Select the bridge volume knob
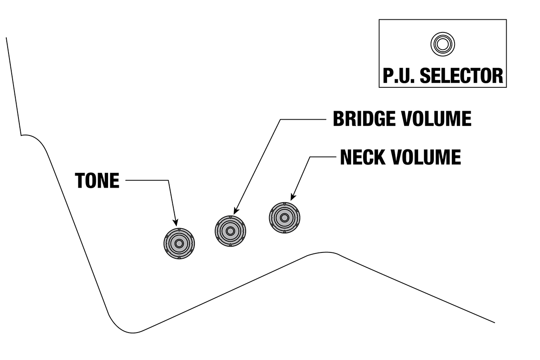point(230,231)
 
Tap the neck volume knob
point(284,218)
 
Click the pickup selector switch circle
point(442,44)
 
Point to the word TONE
point(97,181)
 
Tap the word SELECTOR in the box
point(461,76)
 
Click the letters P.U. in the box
point(399,76)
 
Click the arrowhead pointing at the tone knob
point(175,222)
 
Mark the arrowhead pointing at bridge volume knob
point(235,211)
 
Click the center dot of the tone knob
point(179,243)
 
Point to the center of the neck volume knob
point(284,218)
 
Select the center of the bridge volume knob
point(230,231)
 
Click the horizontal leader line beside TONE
point(146,181)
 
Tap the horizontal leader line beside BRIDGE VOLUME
point(302,119)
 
